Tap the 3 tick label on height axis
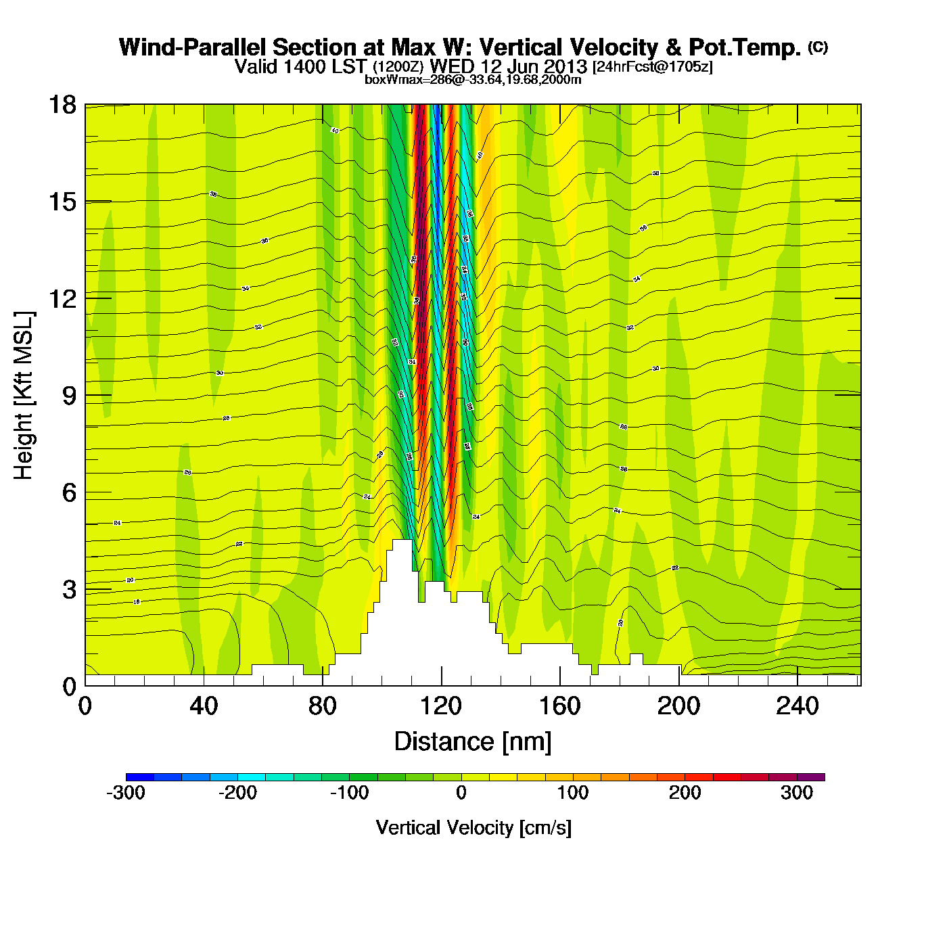(x=69, y=590)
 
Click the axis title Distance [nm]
(x=473, y=742)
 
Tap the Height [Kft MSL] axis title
(x=24, y=396)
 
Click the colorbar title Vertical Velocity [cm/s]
(x=473, y=828)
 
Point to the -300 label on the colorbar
(x=126, y=793)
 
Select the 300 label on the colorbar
(x=797, y=793)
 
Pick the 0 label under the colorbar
(x=461, y=793)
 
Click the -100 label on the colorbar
(x=349, y=793)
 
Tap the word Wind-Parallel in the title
(x=193, y=48)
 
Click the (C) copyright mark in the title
(x=818, y=47)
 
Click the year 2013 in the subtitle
(x=565, y=67)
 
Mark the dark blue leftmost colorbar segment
(x=139, y=777)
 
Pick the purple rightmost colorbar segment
(x=810, y=777)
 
